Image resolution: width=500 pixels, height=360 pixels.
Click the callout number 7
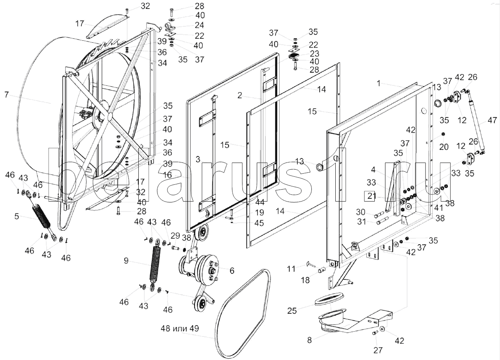6,95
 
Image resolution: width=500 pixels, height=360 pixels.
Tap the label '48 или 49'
179,329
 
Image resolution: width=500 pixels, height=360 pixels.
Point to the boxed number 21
371,196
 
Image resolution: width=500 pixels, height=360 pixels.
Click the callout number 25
292,310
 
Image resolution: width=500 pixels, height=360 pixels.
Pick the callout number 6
232,270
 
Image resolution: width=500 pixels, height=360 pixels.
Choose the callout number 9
126,261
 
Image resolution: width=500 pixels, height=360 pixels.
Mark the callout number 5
17,217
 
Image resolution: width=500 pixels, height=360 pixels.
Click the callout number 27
378,350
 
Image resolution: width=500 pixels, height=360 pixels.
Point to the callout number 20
444,146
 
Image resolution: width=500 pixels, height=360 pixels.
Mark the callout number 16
167,175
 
